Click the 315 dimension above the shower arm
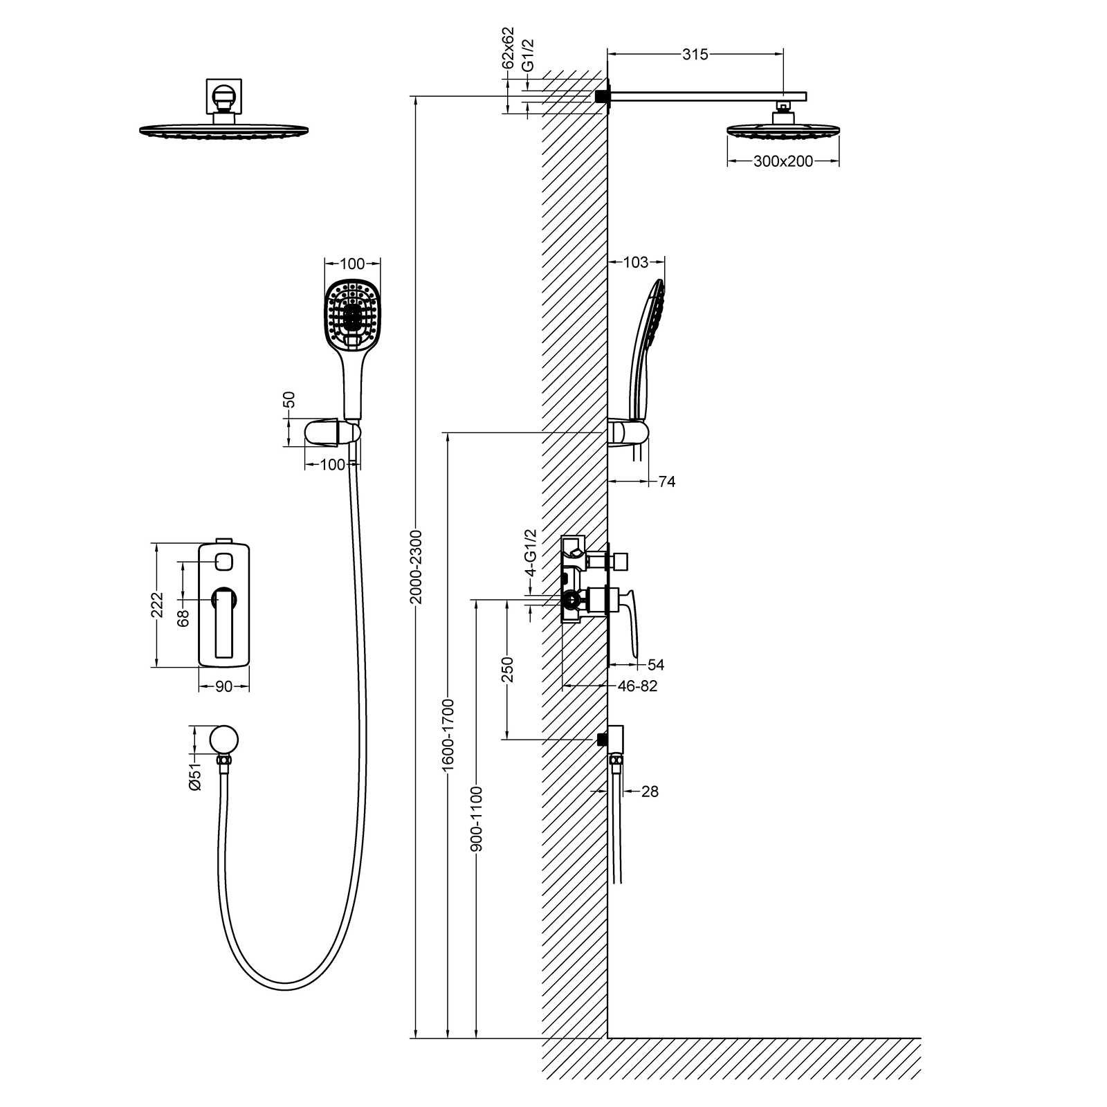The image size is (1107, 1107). [695, 55]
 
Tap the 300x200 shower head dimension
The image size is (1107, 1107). [783, 161]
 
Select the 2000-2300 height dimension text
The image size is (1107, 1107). [416, 567]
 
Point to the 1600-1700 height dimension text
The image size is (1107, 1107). [448, 735]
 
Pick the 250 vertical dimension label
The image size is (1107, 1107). [507, 670]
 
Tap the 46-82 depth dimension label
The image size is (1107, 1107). [637, 686]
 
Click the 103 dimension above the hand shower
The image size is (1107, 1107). [635, 262]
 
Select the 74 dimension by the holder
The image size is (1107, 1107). [666, 482]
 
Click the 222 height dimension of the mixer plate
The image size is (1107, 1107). [158, 605]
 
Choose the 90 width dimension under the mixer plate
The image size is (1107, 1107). [223, 686]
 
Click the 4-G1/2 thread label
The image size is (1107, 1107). [531, 553]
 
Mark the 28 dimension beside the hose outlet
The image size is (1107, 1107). [650, 792]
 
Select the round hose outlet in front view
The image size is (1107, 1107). [224, 739]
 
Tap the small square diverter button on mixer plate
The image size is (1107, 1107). [223, 561]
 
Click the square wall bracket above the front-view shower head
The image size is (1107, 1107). [223, 96]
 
